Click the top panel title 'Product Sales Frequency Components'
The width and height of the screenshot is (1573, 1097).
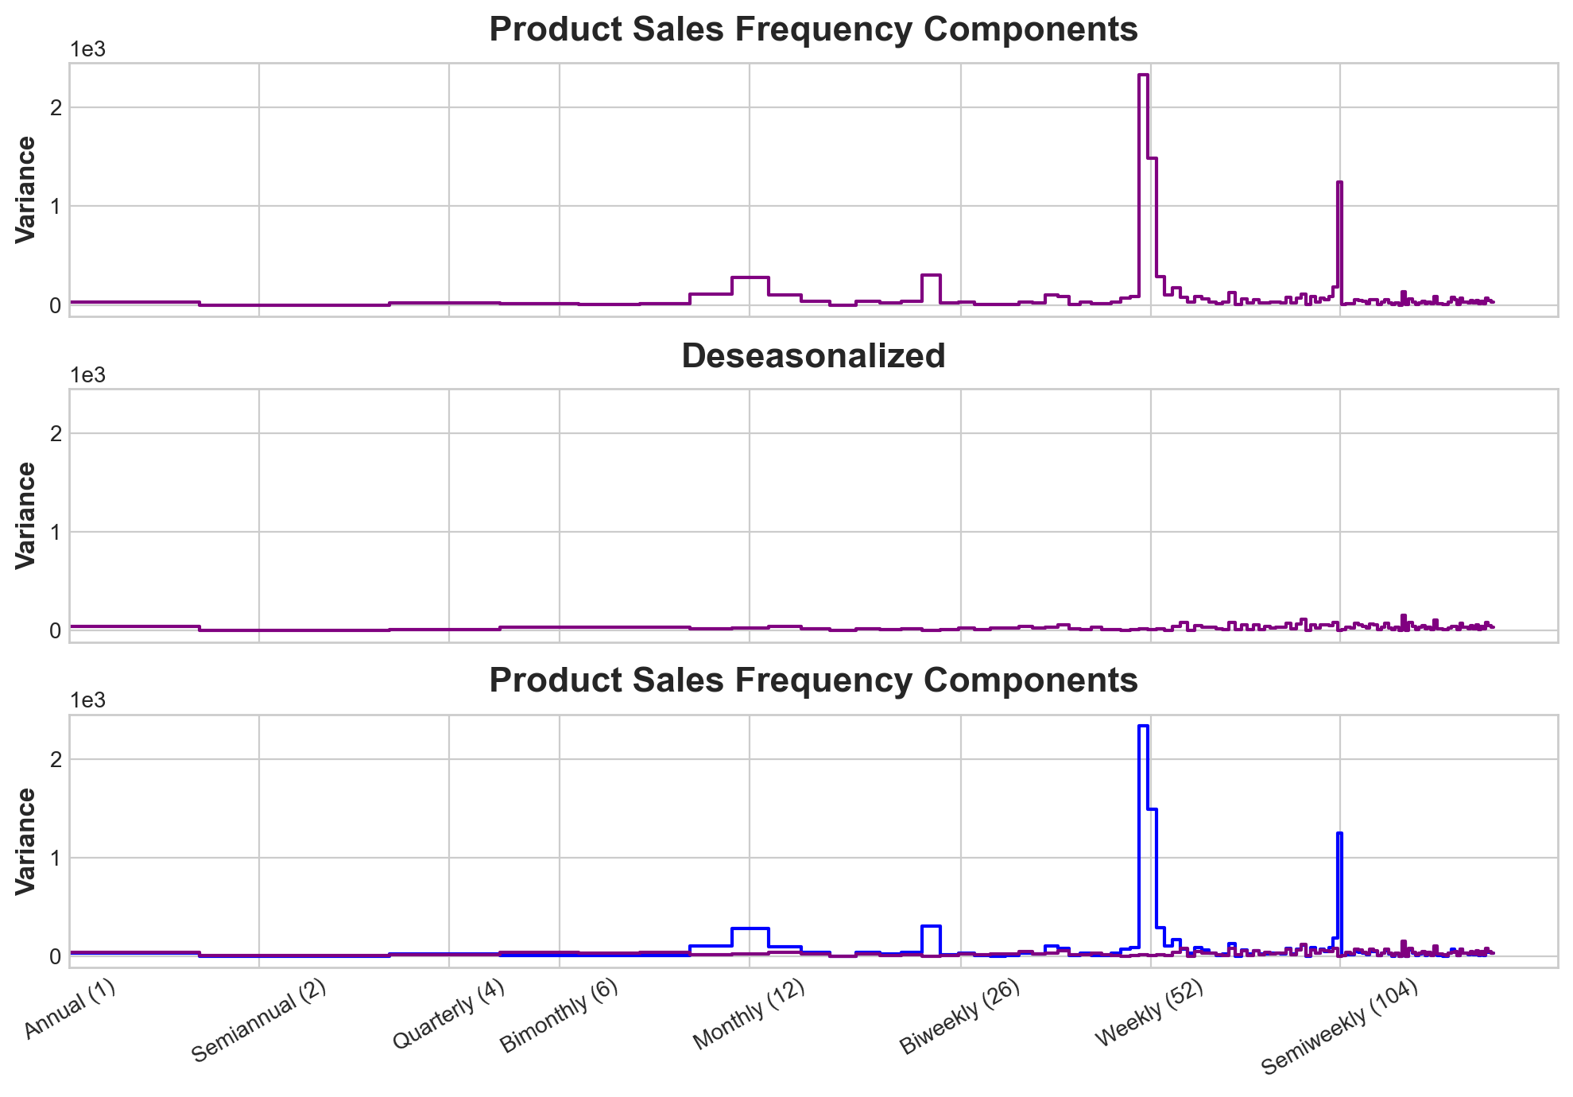tap(813, 30)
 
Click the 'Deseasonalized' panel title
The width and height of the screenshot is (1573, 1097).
tap(813, 356)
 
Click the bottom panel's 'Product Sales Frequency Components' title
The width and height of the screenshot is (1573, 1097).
tap(813, 681)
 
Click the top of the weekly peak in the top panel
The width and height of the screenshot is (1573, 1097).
tap(1143, 76)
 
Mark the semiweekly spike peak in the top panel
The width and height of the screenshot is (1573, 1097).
tap(1339, 183)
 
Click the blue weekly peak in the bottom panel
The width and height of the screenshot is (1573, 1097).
tap(1143, 727)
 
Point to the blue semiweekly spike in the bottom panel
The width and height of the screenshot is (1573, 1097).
tap(1339, 834)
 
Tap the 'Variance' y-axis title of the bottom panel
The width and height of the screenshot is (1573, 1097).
tap(25, 841)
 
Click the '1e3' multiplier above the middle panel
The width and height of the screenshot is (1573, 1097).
tap(88, 375)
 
